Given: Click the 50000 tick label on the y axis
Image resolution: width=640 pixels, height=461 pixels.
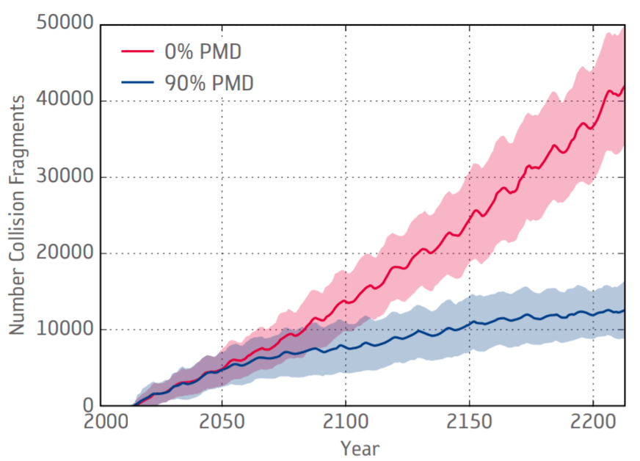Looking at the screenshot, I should [x=64, y=25].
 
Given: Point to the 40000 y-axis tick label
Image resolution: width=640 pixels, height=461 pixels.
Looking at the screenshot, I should [x=64, y=101].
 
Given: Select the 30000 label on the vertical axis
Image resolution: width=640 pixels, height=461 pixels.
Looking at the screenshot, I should [x=64, y=178].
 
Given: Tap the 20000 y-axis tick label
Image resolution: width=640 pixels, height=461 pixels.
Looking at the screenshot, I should [x=64, y=254].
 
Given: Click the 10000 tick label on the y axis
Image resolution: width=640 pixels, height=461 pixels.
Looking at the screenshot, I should [x=64, y=330].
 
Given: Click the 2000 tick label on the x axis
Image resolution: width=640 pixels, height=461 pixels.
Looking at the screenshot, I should [x=103, y=424].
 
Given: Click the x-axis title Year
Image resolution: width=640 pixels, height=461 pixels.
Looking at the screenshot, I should [x=360, y=447].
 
